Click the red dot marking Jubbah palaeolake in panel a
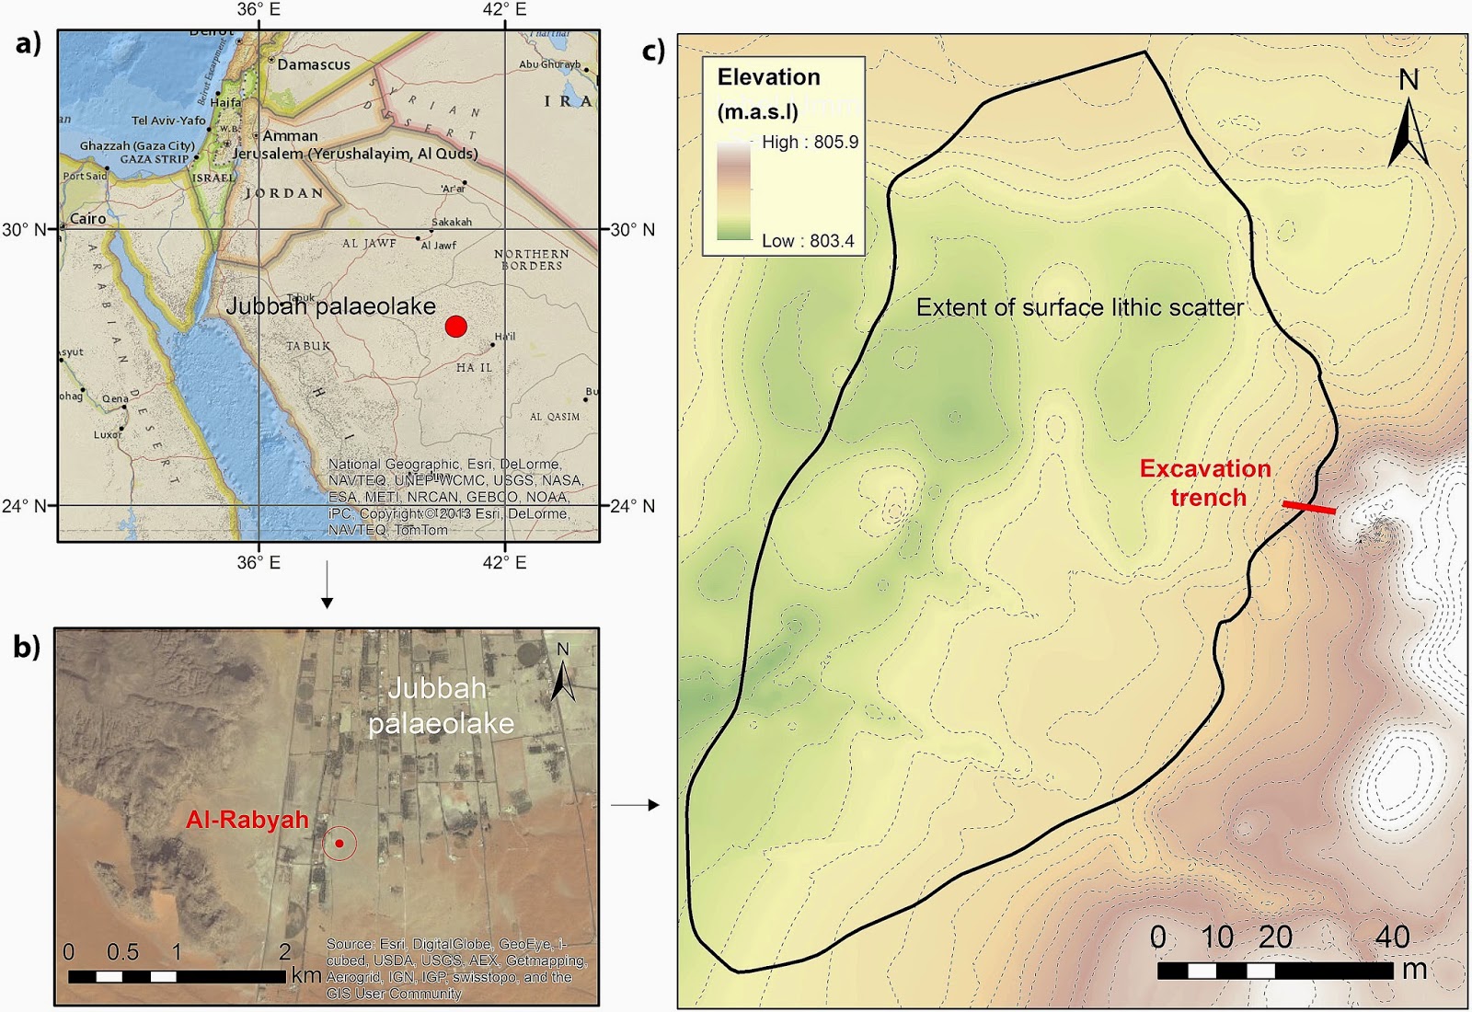(455, 327)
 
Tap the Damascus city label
(313, 64)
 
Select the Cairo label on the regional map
(88, 219)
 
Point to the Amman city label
(290, 136)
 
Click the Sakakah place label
(452, 222)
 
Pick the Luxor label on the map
(107, 434)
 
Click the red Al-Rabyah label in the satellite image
(247, 820)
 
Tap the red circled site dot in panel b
(339, 843)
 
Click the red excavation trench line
(1309, 507)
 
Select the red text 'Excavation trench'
(1206, 483)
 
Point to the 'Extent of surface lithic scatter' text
(1079, 307)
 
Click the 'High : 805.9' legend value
(810, 142)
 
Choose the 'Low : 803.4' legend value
(808, 241)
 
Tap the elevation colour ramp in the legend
(733, 191)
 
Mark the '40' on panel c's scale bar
(1392, 937)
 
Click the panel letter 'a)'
(29, 43)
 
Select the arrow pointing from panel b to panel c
(635, 805)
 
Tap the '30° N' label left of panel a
(24, 229)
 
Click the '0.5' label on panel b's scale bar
(122, 951)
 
